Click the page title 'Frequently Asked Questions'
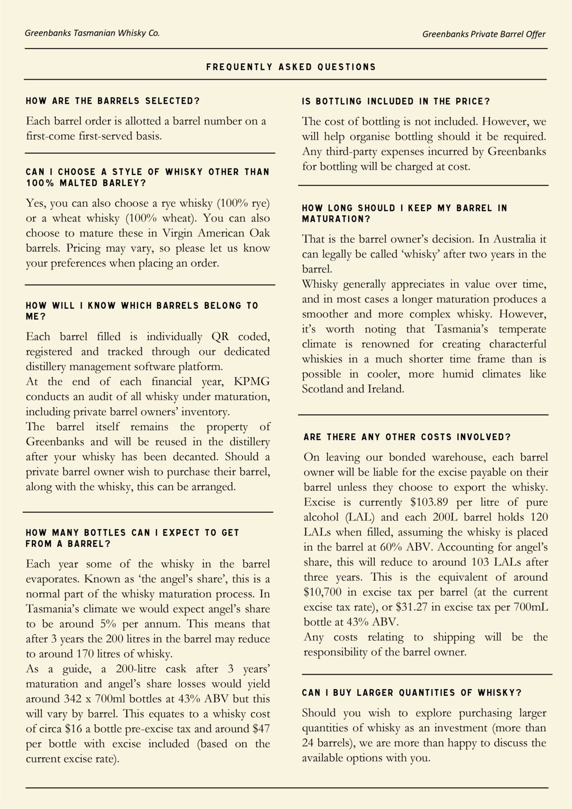tap(291, 67)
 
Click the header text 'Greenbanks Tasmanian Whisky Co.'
tap(92, 33)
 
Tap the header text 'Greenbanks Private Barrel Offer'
tap(484, 34)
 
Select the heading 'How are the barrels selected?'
tap(113, 101)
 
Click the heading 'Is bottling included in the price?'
tap(396, 102)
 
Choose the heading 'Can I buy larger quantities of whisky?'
tap(412, 693)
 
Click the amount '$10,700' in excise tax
tap(321, 592)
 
